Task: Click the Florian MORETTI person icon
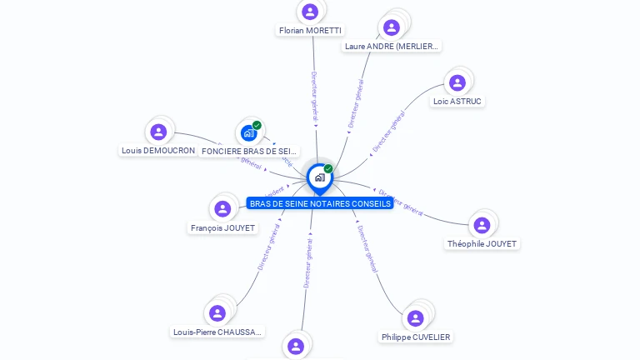coord(310,12)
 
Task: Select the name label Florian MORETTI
coord(310,31)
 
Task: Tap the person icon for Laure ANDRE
coord(392,27)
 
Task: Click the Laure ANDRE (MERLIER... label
coord(392,47)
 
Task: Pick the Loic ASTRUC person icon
coord(457,82)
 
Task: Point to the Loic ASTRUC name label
coord(457,102)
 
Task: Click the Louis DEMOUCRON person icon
coord(158,132)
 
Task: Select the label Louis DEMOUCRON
coord(158,151)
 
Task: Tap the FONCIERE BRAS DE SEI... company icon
coord(248,132)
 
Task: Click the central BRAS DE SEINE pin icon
coord(319,177)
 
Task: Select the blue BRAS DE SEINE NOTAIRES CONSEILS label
coord(320,203)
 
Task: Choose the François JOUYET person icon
coord(222,208)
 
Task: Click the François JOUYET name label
coord(222,228)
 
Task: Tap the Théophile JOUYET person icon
coord(482,225)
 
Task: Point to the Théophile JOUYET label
coord(482,244)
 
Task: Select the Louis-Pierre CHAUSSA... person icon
coord(217,313)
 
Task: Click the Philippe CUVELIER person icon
coord(416,318)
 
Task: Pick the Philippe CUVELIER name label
coord(416,337)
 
